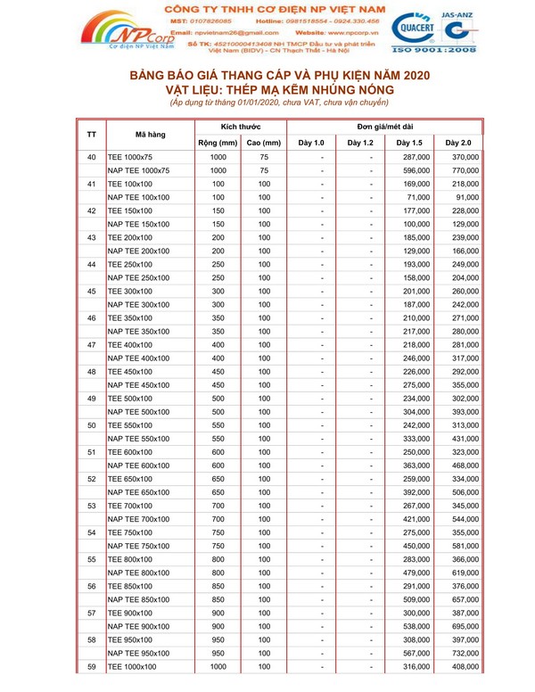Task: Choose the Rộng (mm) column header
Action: coord(218,143)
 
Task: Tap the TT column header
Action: coord(92,135)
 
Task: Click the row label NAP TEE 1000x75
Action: coord(138,170)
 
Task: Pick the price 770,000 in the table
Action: coord(465,170)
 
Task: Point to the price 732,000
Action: coord(465,652)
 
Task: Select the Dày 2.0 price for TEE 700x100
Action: coord(465,506)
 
